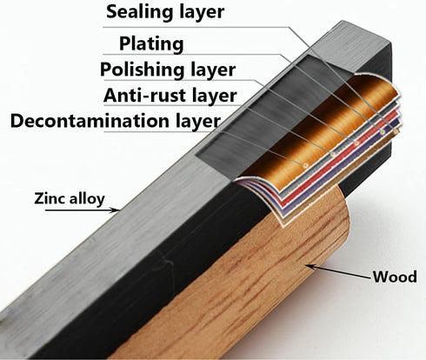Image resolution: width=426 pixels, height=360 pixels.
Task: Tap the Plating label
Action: click(151, 43)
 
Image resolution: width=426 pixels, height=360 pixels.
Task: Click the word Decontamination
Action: click(90, 121)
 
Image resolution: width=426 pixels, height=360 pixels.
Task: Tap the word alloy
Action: click(87, 199)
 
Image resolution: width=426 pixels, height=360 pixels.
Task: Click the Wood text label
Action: click(395, 277)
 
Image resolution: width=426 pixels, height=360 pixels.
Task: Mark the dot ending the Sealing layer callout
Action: click(396, 131)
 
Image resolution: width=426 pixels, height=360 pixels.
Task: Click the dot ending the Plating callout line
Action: click(383, 132)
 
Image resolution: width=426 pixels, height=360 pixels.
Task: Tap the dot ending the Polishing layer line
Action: click(356, 143)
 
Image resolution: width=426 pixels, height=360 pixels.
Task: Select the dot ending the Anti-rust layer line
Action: click(333, 154)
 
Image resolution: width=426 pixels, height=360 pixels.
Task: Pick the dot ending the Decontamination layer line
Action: click(306, 165)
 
